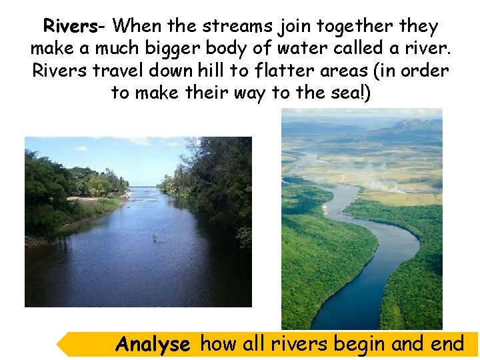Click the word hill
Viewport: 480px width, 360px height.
click(219, 71)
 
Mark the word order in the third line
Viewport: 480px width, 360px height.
click(428, 71)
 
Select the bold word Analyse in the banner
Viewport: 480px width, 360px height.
click(153, 345)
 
